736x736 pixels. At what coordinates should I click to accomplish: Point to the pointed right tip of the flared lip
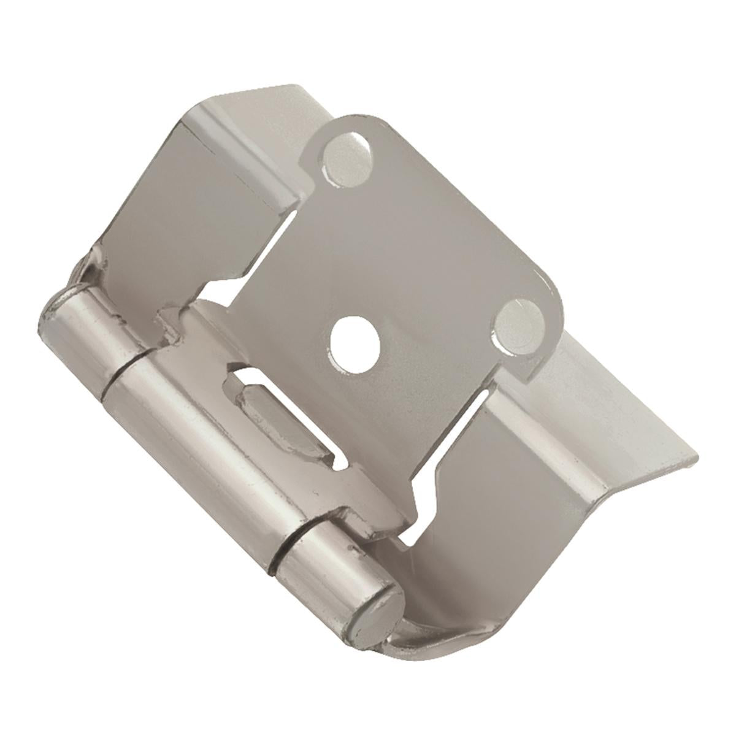click(696, 457)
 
